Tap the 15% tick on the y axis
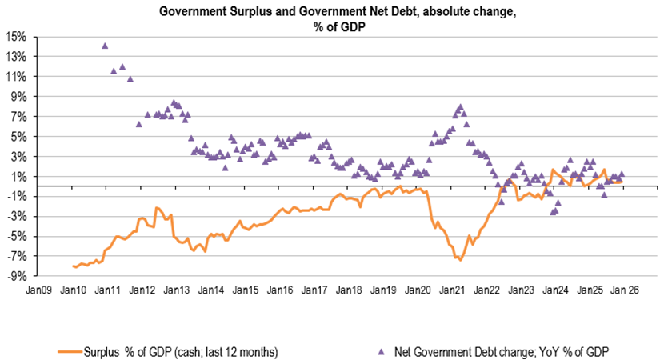click(x=16, y=37)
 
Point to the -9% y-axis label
click(x=17, y=277)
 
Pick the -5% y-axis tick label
click(x=17, y=237)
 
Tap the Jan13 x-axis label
click(x=177, y=291)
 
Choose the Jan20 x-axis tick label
click(x=419, y=291)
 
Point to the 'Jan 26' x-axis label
click(x=626, y=291)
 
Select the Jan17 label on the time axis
click(x=315, y=291)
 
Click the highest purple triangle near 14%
click(x=105, y=46)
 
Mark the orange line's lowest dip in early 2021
click(x=460, y=260)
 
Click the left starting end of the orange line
click(x=73, y=266)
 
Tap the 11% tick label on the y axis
click(x=16, y=77)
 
